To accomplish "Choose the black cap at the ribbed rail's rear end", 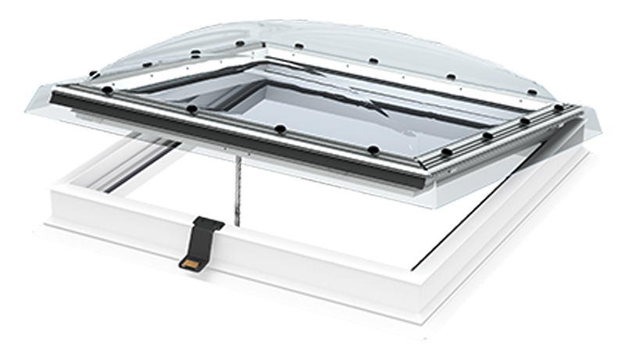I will [x=559, y=108].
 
